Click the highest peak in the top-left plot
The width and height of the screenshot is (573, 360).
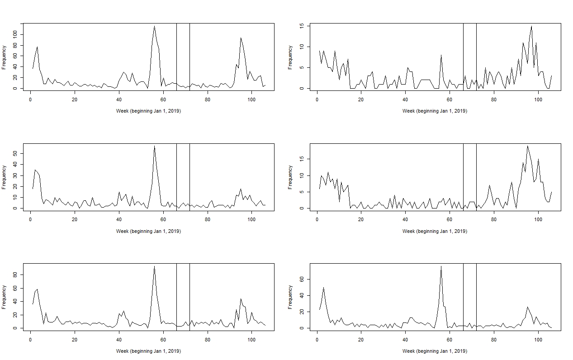click(x=154, y=26)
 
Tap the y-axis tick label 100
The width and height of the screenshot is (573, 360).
click(x=15, y=34)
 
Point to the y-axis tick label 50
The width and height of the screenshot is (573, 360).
click(x=15, y=154)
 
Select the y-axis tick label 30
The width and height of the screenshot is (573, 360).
click(x=15, y=175)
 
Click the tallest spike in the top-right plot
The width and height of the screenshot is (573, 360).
click(x=531, y=26)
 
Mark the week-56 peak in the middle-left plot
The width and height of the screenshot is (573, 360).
click(x=154, y=146)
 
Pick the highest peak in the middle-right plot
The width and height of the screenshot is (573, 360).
click(x=527, y=146)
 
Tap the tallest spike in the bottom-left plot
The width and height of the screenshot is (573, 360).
click(x=154, y=266)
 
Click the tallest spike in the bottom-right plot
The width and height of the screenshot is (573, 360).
click(x=441, y=266)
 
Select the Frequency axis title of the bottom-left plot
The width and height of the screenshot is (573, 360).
click(x=4, y=297)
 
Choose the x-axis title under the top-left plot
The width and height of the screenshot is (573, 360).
click(x=148, y=111)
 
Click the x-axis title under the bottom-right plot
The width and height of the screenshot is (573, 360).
click(x=435, y=351)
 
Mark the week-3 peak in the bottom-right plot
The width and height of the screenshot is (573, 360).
click(x=323, y=287)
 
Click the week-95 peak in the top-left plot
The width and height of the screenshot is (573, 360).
click(x=241, y=38)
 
